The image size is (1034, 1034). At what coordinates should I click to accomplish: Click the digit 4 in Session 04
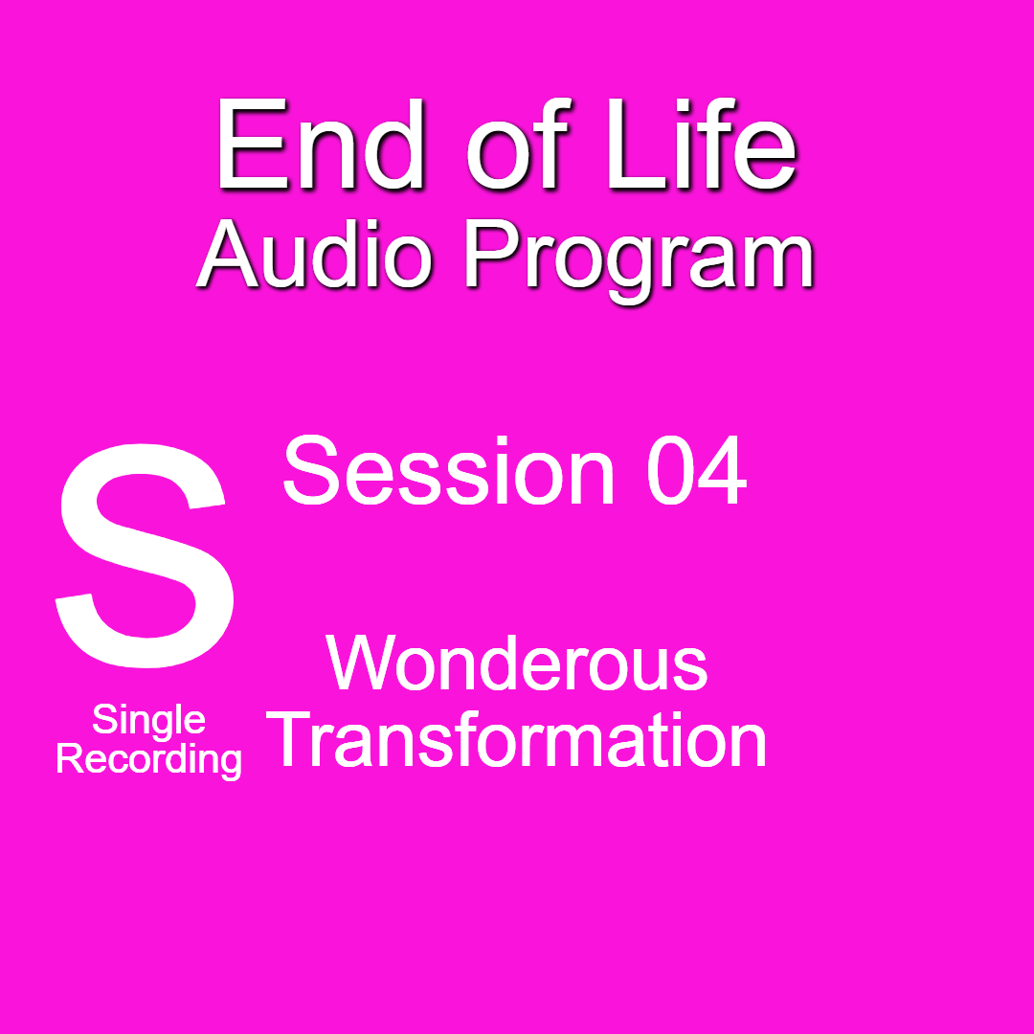click(x=722, y=472)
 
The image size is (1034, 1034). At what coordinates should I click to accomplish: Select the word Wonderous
click(x=517, y=663)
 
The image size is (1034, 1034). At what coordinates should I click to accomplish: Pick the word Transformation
click(x=519, y=741)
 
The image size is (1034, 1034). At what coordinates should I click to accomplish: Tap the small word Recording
click(x=148, y=760)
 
